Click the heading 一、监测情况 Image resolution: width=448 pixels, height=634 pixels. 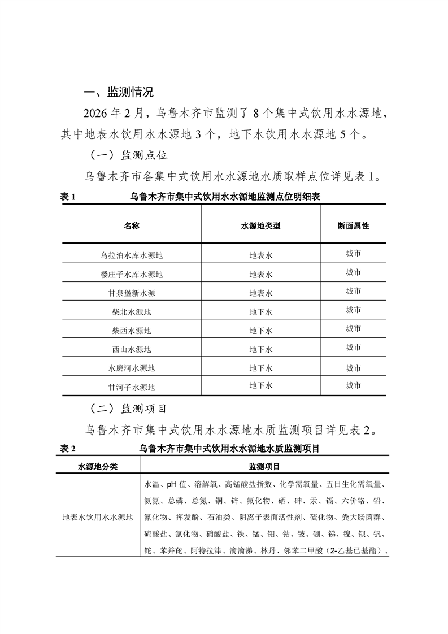click(118, 92)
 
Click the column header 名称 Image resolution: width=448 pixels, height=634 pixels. click(132, 225)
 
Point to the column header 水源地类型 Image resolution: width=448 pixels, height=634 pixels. click(261, 225)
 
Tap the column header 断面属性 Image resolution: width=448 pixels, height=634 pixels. click(354, 225)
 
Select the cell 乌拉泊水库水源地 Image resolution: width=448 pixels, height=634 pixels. click(132, 255)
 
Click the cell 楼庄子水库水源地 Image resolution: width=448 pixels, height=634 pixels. click(132, 275)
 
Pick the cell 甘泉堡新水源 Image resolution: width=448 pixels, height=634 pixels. click(132, 293)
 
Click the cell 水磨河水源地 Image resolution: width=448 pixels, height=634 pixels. click(132, 368)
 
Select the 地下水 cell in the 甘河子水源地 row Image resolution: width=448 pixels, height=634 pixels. click(261, 386)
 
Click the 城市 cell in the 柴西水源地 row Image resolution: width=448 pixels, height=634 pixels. click(354, 329)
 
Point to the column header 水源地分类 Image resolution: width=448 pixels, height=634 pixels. click(97, 467)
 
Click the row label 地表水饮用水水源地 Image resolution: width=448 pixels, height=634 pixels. click(97, 517)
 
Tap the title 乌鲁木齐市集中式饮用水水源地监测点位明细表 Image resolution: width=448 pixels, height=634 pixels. click(226, 197)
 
